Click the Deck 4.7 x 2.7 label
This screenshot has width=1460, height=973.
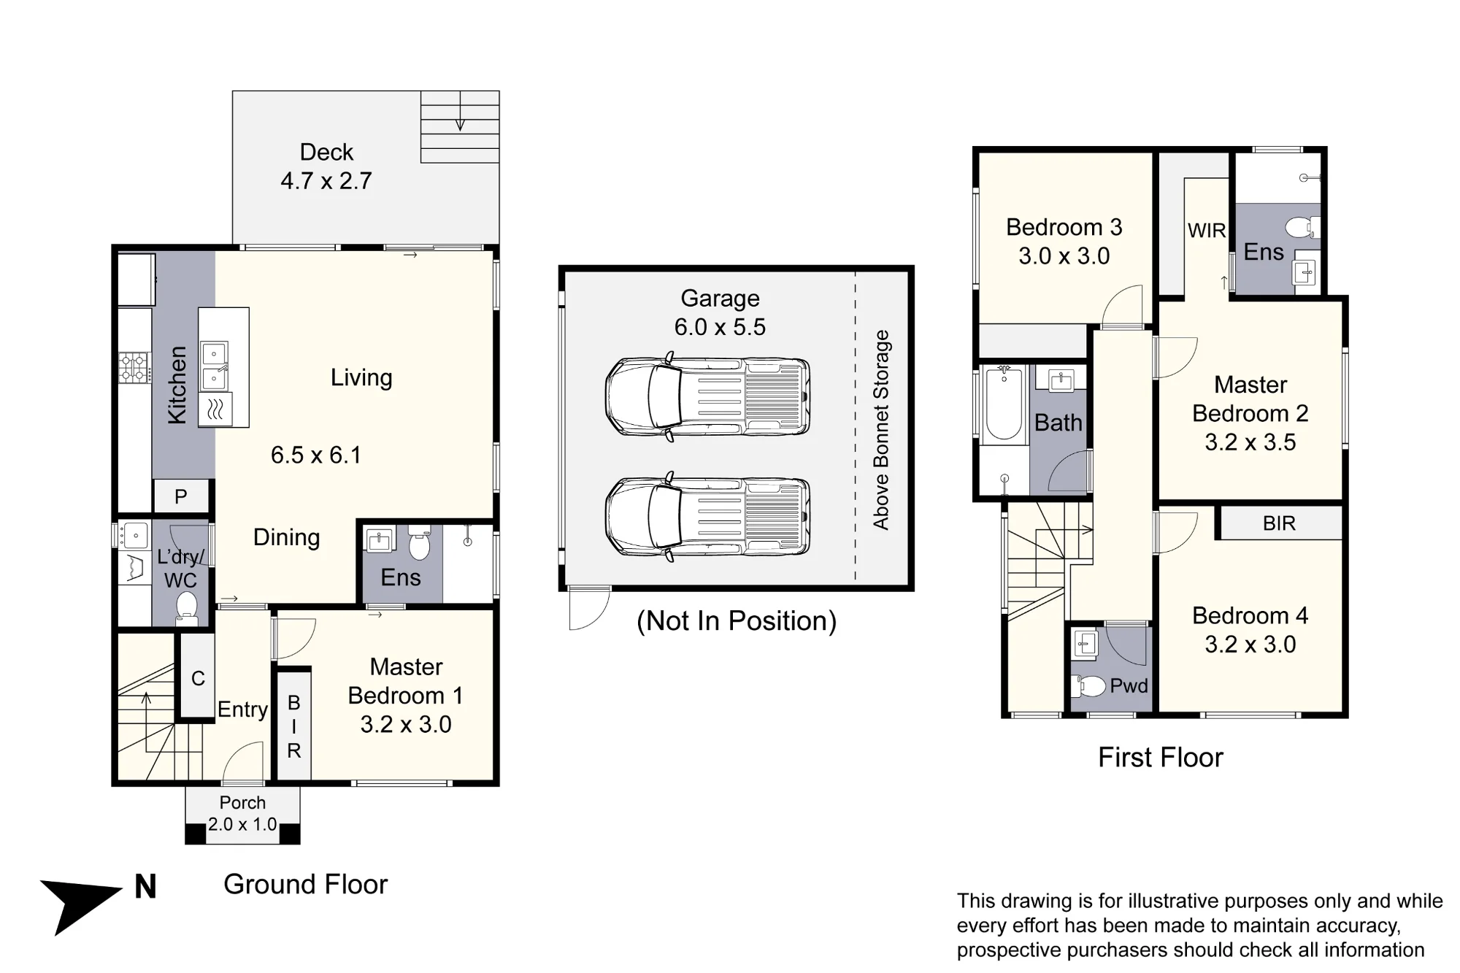(326, 166)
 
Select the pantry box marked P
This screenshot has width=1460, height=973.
(181, 497)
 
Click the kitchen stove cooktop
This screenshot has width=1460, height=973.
(134, 368)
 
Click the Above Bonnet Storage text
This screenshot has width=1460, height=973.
(881, 430)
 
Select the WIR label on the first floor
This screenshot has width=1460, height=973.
(1207, 231)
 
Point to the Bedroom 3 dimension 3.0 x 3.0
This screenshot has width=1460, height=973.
(1064, 256)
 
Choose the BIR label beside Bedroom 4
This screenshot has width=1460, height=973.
(1279, 523)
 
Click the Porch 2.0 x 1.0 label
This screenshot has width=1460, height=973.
(242, 814)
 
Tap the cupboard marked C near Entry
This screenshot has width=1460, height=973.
(198, 678)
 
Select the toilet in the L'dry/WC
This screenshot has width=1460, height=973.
(187, 608)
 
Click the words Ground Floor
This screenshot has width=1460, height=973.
(305, 885)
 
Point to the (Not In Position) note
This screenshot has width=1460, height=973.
(737, 621)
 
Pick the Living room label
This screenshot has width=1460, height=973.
(361, 377)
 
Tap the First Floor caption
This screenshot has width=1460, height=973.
(1161, 758)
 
